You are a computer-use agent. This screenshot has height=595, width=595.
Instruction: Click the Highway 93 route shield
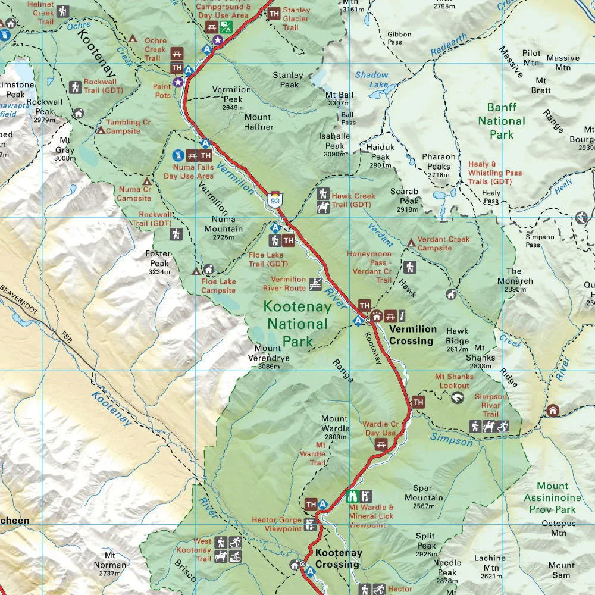click(275, 199)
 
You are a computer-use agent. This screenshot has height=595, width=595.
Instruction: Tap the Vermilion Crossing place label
click(412, 335)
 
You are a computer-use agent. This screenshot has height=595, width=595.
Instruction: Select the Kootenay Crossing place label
click(338, 558)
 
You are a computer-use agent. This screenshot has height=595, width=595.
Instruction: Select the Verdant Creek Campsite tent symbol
click(411, 243)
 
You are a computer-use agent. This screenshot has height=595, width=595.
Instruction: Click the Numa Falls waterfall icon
click(177, 156)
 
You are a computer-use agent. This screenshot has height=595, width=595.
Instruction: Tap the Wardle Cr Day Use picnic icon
click(381, 444)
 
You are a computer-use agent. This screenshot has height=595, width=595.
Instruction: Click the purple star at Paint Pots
click(177, 82)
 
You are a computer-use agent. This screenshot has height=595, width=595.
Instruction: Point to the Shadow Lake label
click(371, 80)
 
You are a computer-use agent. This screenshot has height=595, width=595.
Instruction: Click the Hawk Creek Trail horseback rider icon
click(323, 208)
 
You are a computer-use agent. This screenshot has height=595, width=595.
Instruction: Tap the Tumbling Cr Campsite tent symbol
click(101, 129)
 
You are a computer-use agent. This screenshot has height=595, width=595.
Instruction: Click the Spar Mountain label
click(424, 497)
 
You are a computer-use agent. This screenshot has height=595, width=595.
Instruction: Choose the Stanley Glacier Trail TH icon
click(274, 13)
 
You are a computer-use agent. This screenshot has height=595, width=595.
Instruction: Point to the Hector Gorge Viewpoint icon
click(310, 524)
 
